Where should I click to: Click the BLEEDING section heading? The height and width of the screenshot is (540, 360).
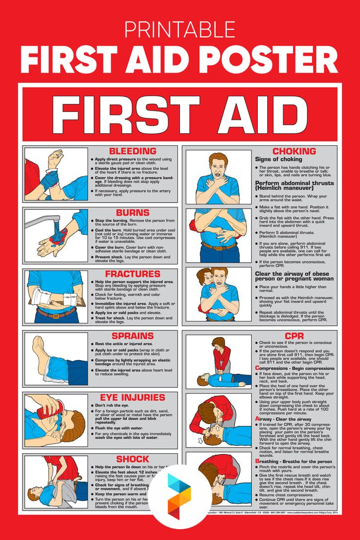pos(133,151)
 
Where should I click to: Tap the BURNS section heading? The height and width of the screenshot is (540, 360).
pos(133,213)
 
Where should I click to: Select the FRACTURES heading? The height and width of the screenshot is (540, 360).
pos(133,274)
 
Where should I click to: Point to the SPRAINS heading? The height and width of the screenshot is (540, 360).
pos(133,336)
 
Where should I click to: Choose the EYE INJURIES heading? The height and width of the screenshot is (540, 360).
pos(133,398)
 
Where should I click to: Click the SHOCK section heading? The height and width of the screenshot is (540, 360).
pos(133,459)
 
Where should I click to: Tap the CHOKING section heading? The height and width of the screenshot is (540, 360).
pos(294,151)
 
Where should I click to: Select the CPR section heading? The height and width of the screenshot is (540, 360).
pos(294,336)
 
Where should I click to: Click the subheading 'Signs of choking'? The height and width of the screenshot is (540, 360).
pos(278,159)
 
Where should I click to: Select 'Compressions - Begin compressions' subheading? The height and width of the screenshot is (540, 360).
pos(294,368)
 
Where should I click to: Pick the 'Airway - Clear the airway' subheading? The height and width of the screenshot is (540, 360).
pos(283,419)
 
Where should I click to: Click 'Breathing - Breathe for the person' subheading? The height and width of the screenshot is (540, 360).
pos(293,461)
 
